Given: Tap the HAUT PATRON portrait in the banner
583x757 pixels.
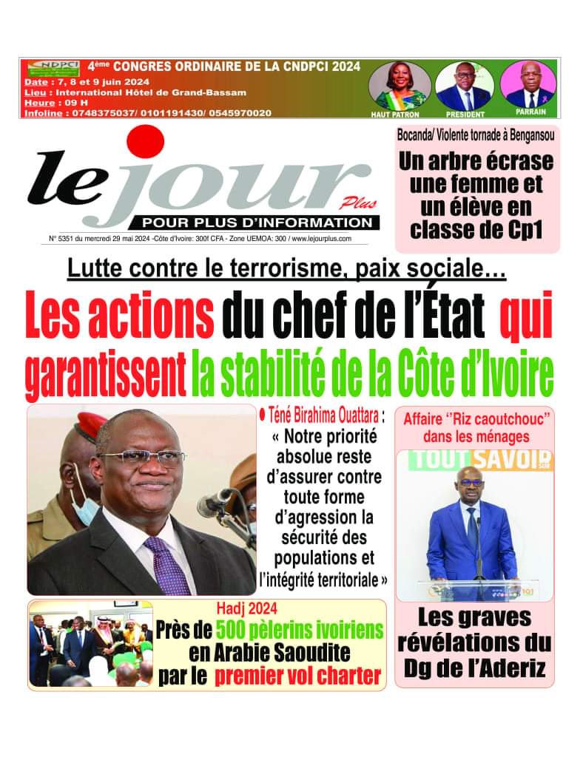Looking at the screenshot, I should [x=400, y=85].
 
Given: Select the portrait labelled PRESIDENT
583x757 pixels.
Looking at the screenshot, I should [x=465, y=85].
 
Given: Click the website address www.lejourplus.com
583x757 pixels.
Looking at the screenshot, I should [x=322, y=239].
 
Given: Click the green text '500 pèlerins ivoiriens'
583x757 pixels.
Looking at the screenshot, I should [x=300, y=631].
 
